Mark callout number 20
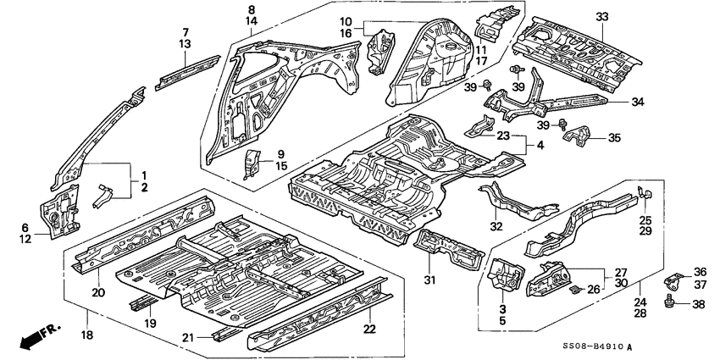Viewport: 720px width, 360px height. tap(97, 293)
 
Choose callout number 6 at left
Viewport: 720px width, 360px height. tap(24, 228)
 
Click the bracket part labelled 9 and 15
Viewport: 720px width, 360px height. tap(252, 164)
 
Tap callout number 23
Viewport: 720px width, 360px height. tap(503, 136)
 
